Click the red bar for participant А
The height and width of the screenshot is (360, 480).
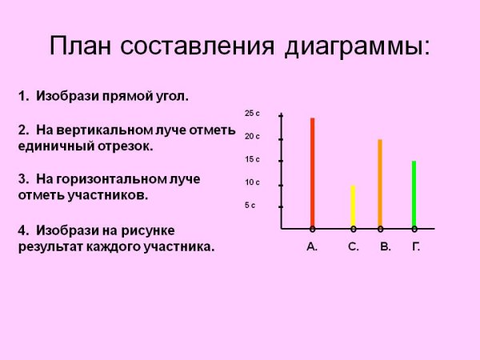(312, 172)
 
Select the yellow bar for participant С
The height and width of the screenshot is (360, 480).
(353, 206)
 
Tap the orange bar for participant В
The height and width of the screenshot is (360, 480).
(380, 183)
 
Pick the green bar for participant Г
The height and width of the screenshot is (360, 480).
(414, 194)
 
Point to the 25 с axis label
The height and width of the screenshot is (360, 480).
(252, 114)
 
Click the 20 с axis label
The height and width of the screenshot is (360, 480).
(252, 137)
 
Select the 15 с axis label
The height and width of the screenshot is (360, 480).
(252, 159)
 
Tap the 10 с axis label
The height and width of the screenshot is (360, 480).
(252, 182)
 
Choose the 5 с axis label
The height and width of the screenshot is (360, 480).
(250, 206)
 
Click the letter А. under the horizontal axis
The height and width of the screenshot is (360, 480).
(312, 247)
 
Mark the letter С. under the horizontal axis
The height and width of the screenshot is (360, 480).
(354, 247)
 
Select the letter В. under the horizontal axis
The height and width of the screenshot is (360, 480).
(386, 247)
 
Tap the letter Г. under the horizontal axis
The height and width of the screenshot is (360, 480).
(416, 247)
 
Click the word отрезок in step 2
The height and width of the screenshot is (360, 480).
(125, 146)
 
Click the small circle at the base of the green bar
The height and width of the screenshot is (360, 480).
(414, 229)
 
